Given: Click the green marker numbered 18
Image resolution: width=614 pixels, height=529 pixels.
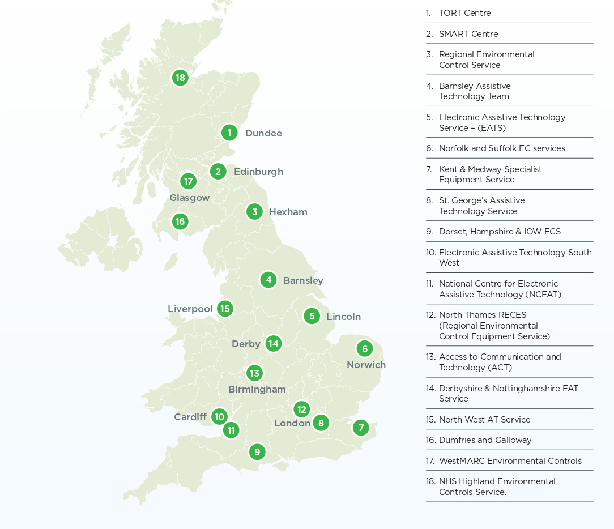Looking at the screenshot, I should tap(180, 78).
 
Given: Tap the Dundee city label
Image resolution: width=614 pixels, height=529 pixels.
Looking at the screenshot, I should tap(263, 134).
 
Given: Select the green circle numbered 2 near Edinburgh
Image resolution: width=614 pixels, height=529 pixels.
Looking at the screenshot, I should tap(218, 172).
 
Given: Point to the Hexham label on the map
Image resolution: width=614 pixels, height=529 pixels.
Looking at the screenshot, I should tap(288, 212).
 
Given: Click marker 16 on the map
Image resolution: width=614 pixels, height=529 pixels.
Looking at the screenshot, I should tap(180, 221).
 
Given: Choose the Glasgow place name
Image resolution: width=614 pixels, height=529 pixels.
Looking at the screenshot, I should tap(189, 198).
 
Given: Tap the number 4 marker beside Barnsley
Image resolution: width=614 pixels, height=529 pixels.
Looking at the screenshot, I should tap(268, 280).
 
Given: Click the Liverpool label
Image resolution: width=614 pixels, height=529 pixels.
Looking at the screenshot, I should tap(190, 309).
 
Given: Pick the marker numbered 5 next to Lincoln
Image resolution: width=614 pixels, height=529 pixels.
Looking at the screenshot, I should tap(312, 316).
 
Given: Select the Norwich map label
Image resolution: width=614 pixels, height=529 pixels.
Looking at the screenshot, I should tap(366, 365).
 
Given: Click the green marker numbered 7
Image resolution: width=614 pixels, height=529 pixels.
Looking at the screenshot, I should tap(361, 428).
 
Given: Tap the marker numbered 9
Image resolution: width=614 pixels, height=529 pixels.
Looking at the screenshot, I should tap(257, 452).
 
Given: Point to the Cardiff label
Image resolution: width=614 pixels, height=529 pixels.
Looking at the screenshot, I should tap(190, 417).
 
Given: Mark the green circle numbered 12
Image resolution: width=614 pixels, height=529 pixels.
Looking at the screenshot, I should tap(301, 409).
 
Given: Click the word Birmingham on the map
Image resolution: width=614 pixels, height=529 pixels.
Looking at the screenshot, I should tap(257, 390).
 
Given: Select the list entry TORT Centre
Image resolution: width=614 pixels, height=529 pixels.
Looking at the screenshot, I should tap(464, 13).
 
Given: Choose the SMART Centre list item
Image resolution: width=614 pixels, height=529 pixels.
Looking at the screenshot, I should tap(468, 34).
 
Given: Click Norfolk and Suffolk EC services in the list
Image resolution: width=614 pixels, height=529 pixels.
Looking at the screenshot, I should tap(501, 148).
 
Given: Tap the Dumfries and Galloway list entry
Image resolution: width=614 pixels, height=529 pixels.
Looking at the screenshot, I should tap(485, 440).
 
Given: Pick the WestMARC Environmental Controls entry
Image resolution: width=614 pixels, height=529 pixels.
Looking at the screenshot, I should tap(510, 461).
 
